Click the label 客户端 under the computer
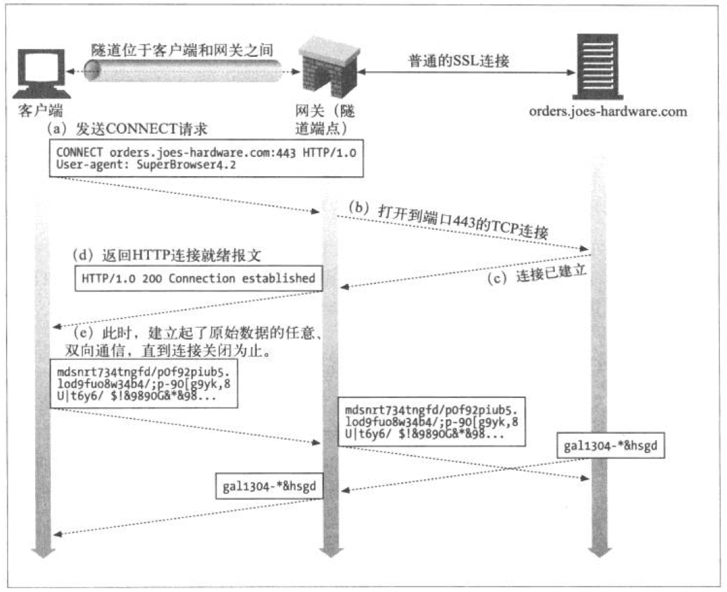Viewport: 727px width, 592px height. [x=41, y=111]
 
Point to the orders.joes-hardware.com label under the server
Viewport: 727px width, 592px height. [x=608, y=112]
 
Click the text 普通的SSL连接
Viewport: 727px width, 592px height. [x=459, y=60]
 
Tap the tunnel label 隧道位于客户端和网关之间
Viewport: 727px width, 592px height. [x=182, y=50]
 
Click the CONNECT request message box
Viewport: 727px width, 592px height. [x=207, y=158]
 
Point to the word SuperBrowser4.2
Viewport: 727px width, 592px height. [x=186, y=165]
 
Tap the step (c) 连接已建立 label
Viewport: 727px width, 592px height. [x=537, y=274]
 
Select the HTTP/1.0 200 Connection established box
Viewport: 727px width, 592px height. [x=199, y=278]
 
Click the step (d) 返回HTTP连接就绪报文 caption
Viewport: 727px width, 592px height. [x=167, y=255]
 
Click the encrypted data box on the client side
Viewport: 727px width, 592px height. [x=144, y=383]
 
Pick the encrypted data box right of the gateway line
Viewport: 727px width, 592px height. [x=432, y=421]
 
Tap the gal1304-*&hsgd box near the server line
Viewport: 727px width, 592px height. [x=610, y=446]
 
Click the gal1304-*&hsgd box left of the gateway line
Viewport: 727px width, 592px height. [x=269, y=486]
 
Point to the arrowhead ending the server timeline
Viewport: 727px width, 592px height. [x=600, y=552]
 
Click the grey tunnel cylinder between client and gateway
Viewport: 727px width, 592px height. [x=183, y=70]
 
